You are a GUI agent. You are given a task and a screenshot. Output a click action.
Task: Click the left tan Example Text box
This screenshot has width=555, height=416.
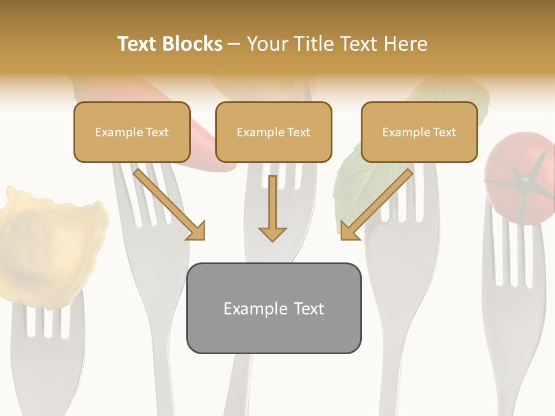(x=132, y=132)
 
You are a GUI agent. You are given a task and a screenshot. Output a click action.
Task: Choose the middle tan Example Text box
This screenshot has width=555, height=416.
(x=273, y=132)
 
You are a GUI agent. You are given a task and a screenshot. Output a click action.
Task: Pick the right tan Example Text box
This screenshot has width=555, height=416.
(x=419, y=132)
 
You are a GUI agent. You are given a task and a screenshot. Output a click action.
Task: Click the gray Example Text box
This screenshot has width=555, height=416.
(x=273, y=308)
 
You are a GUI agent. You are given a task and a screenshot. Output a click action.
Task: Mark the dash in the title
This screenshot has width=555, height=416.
(x=234, y=44)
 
